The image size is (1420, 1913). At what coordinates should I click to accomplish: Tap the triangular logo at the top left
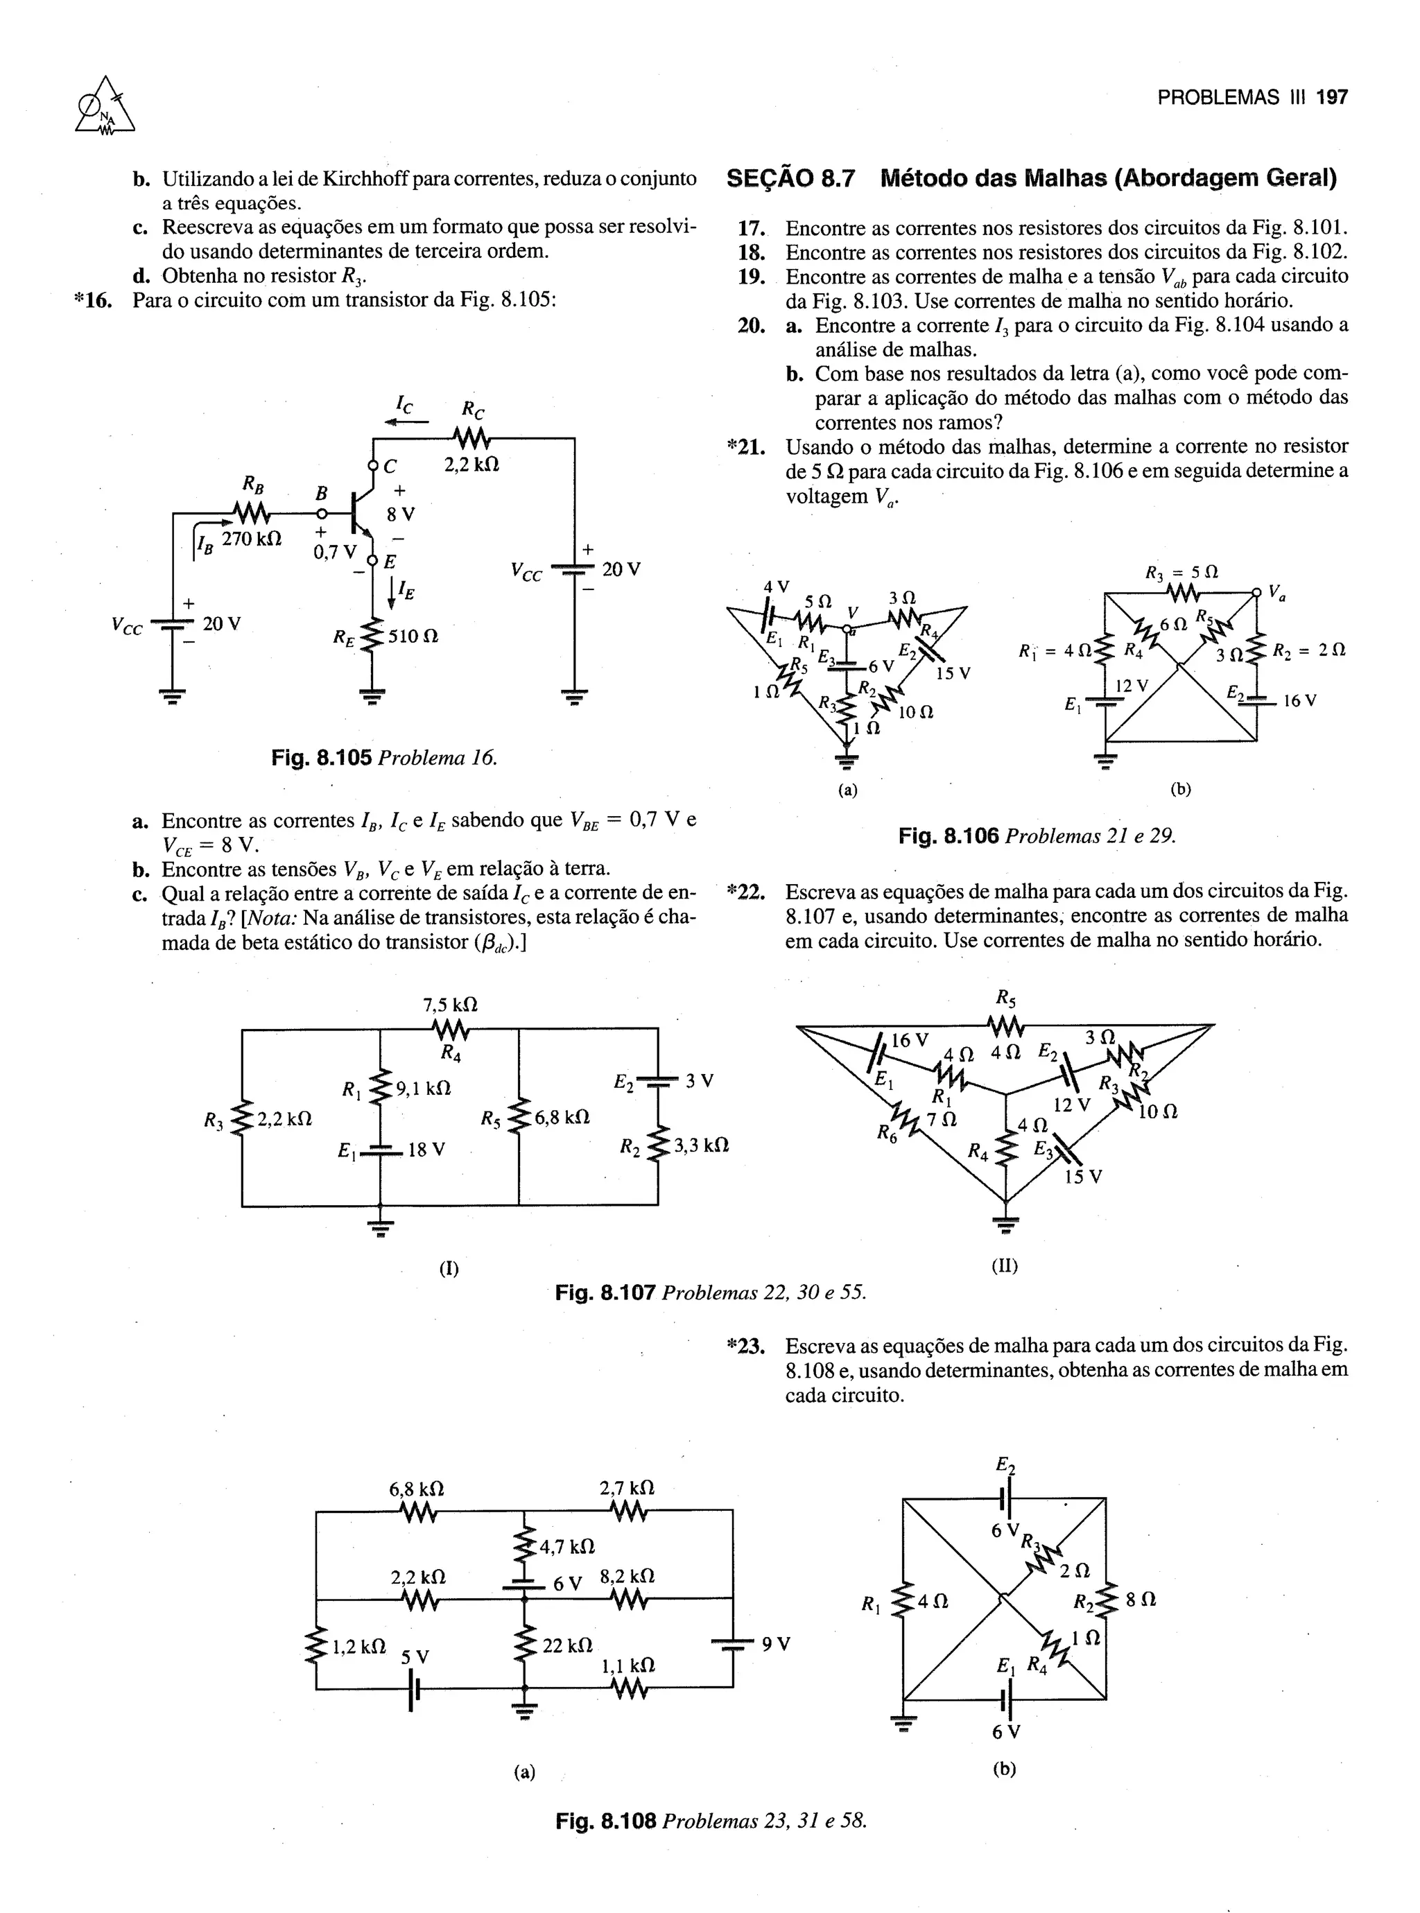tap(105, 107)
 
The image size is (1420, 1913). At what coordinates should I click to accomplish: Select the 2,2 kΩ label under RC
tap(471, 465)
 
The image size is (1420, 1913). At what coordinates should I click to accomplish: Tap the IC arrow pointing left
tap(406, 421)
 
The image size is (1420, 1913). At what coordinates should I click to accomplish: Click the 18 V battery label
tap(426, 1149)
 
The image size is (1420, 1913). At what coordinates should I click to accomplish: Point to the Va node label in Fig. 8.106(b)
tap(1276, 591)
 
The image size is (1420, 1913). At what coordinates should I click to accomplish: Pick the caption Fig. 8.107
tap(606, 1292)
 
